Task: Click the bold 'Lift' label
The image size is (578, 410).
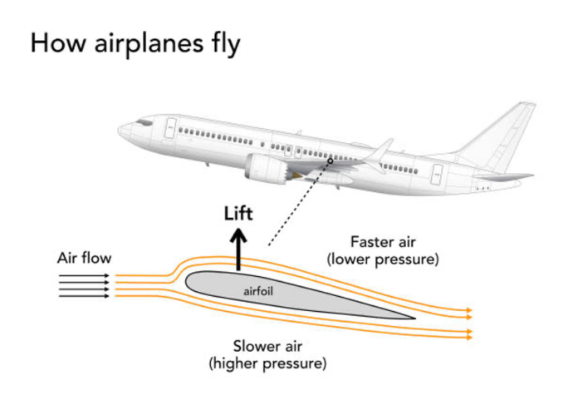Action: [238, 213]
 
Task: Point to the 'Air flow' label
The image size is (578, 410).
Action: [84, 258]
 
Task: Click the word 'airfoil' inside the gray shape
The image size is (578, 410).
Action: [259, 292]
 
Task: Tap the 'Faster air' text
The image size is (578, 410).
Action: [382, 242]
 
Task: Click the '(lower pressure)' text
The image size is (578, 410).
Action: [382, 259]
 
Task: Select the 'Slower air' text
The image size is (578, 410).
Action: [267, 346]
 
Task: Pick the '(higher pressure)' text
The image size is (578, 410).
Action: [267, 363]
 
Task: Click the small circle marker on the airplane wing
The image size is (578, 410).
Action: [330, 160]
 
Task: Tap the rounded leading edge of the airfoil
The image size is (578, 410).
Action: [188, 283]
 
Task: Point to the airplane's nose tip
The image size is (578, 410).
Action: [119, 131]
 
